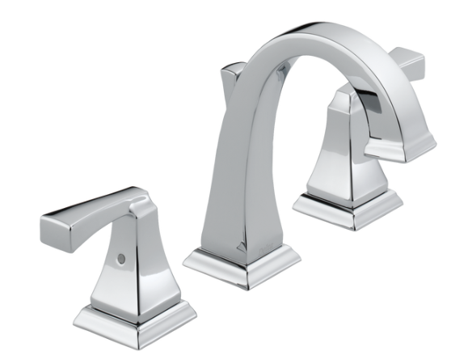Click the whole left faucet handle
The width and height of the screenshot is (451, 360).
(x=121, y=259)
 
